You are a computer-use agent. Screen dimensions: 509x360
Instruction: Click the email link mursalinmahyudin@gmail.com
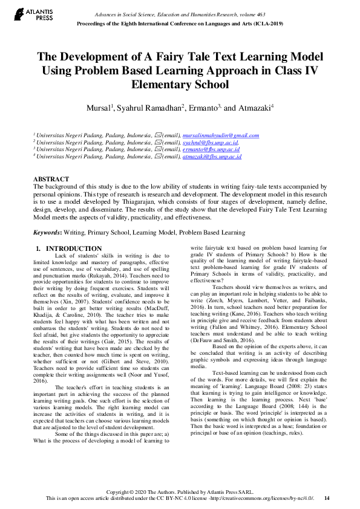click(x=220, y=135)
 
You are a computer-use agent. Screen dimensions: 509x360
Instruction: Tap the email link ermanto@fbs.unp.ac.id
click(x=211, y=149)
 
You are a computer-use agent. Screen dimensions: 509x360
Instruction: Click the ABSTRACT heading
click(x=51, y=180)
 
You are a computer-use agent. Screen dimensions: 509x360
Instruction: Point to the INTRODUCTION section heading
click(x=74, y=248)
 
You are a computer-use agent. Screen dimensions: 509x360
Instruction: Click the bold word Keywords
click(x=47, y=232)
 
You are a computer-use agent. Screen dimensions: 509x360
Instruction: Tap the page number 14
click(x=327, y=498)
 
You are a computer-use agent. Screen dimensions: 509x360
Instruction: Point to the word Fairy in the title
click(x=175, y=57)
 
